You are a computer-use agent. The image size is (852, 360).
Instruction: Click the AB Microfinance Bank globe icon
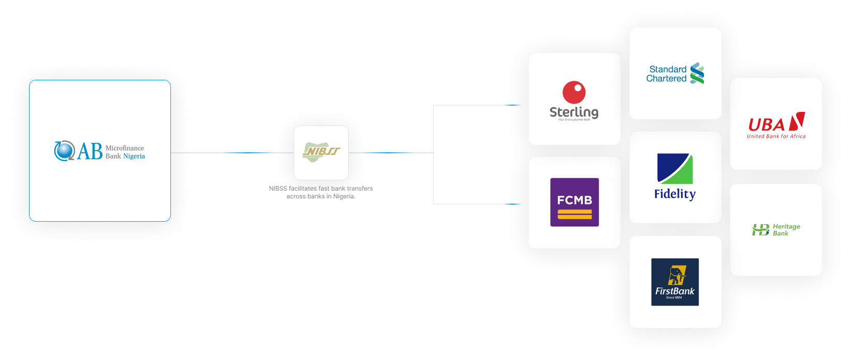pyautogui.click(x=64, y=151)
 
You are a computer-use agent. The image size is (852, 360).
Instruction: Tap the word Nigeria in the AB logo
pyautogui.click(x=134, y=156)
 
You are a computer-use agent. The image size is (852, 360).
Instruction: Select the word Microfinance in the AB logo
pyautogui.click(x=125, y=148)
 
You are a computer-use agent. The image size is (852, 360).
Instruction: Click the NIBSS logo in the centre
pyautogui.click(x=321, y=152)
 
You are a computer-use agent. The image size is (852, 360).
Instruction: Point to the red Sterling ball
pyautogui.click(x=574, y=92)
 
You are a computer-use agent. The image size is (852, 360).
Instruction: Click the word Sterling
pyautogui.click(x=574, y=112)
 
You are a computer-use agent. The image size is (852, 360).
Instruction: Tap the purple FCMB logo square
pyautogui.click(x=574, y=202)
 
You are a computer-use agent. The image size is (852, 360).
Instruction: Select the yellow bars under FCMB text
pyautogui.click(x=574, y=214)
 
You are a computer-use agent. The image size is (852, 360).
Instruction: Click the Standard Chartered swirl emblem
pyautogui.click(x=697, y=73)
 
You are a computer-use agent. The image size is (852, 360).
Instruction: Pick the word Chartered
pyautogui.click(x=666, y=79)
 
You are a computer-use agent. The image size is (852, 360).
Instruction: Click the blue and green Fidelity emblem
pyautogui.click(x=675, y=168)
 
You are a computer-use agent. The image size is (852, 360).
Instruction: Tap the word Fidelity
pyautogui.click(x=675, y=194)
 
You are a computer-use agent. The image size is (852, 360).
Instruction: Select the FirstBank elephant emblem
pyautogui.click(x=676, y=275)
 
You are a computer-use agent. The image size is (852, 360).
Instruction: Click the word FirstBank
pyautogui.click(x=675, y=291)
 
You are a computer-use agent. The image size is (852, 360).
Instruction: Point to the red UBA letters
pyautogui.click(x=767, y=125)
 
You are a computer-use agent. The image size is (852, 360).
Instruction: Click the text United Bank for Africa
pyautogui.click(x=776, y=137)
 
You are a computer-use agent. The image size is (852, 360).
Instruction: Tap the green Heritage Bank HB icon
pyautogui.click(x=760, y=229)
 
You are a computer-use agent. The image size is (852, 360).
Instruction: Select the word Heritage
pyautogui.click(x=786, y=226)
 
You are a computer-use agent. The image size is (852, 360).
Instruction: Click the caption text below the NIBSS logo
pyautogui.click(x=321, y=192)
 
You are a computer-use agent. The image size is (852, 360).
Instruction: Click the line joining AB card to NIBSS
pyautogui.click(x=233, y=153)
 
